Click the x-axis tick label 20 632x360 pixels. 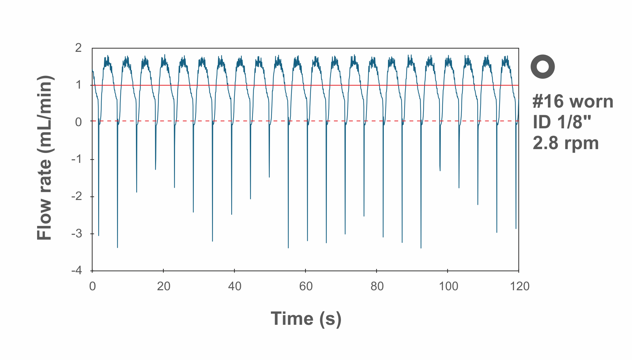(x=163, y=286)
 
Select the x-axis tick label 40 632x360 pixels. (x=234, y=286)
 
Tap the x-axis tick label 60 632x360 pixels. (x=306, y=286)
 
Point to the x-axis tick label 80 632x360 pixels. (x=377, y=286)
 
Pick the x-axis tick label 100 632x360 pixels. (x=448, y=286)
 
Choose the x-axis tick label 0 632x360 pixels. (x=92, y=286)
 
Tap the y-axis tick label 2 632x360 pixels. (x=78, y=48)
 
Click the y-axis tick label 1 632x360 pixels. (x=78, y=85)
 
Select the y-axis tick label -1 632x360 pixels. (x=77, y=159)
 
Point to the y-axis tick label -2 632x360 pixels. (x=77, y=196)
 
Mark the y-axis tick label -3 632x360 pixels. (x=77, y=234)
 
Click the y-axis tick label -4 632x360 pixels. (x=77, y=271)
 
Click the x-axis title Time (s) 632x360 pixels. (x=306, y=319)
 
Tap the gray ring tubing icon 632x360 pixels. (x=542, y=67)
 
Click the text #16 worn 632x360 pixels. (x=573, y=101)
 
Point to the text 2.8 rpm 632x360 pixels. (x=565, y=143)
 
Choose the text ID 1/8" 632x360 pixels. (x=562, y=122)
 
